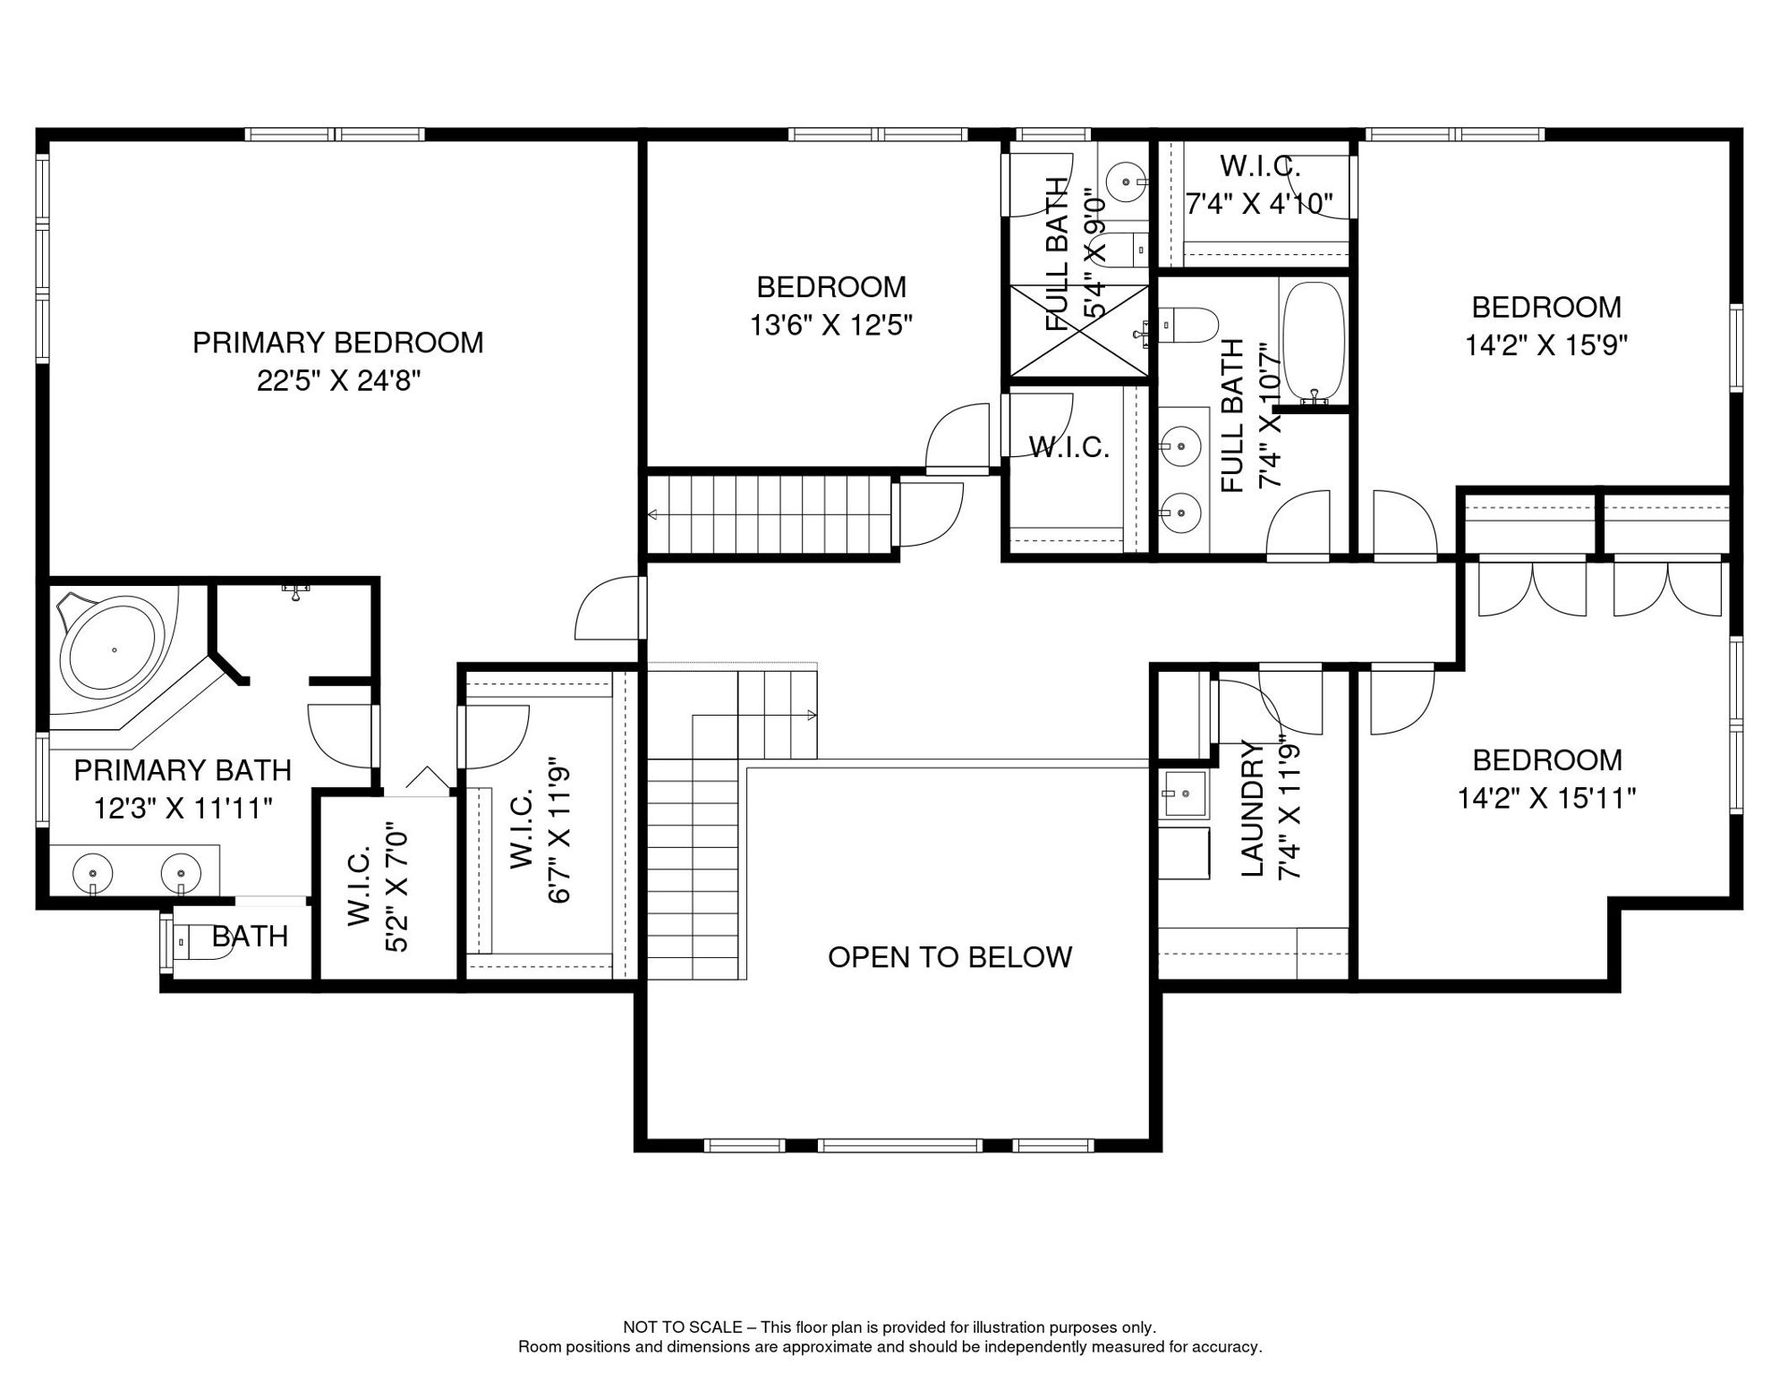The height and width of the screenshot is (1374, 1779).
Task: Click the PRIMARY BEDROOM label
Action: tap(338, 343)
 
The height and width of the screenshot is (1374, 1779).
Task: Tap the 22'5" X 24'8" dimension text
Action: tap(339, 381)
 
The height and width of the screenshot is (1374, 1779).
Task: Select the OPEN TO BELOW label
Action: tap(949, 957)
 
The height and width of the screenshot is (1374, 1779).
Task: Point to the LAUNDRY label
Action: tap(1252, 809)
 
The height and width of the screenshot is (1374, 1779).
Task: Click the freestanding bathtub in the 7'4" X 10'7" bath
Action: tap(1314, 341)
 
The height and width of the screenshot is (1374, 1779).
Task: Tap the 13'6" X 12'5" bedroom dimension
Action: tap(831, 325)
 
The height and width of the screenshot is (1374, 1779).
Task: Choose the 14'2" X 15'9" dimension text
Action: tap(1546, 345)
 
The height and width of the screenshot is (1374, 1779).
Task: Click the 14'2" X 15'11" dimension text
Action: tap(1547, 797)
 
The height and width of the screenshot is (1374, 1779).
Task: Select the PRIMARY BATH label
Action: tap(183, 770)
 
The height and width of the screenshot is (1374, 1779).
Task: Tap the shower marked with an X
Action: tap(1079, 330)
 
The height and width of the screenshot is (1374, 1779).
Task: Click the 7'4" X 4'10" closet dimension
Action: tap(1260, 204)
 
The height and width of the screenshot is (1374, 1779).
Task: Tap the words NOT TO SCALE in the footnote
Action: tap(683, 1327)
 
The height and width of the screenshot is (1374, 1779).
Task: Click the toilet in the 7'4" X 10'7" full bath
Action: tap(1188, 325)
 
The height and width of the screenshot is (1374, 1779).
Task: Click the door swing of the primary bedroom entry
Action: tap(609, 608)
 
